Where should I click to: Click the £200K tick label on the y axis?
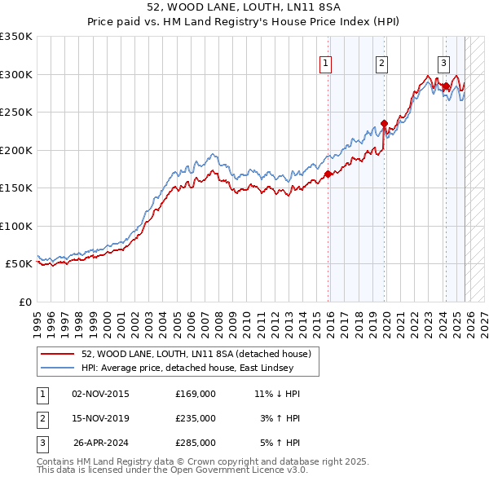click(x=15, y=150)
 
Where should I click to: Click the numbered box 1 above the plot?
click(x=325, y=62)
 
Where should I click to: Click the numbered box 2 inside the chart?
click(x=381, y=62)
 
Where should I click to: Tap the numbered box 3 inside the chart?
click(x=443, y=62)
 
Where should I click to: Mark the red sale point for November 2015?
click(x=328, y=174)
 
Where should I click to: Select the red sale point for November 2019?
click(x=384, y=124)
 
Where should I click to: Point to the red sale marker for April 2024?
click(x=446, y=86)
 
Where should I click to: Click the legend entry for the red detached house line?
click(x=196, y=355)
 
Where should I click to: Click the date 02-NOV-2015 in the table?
click(x=100, y=394)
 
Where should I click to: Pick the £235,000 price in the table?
click(x=195, y=418)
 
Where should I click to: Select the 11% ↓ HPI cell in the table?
click(x=277, y=394)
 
